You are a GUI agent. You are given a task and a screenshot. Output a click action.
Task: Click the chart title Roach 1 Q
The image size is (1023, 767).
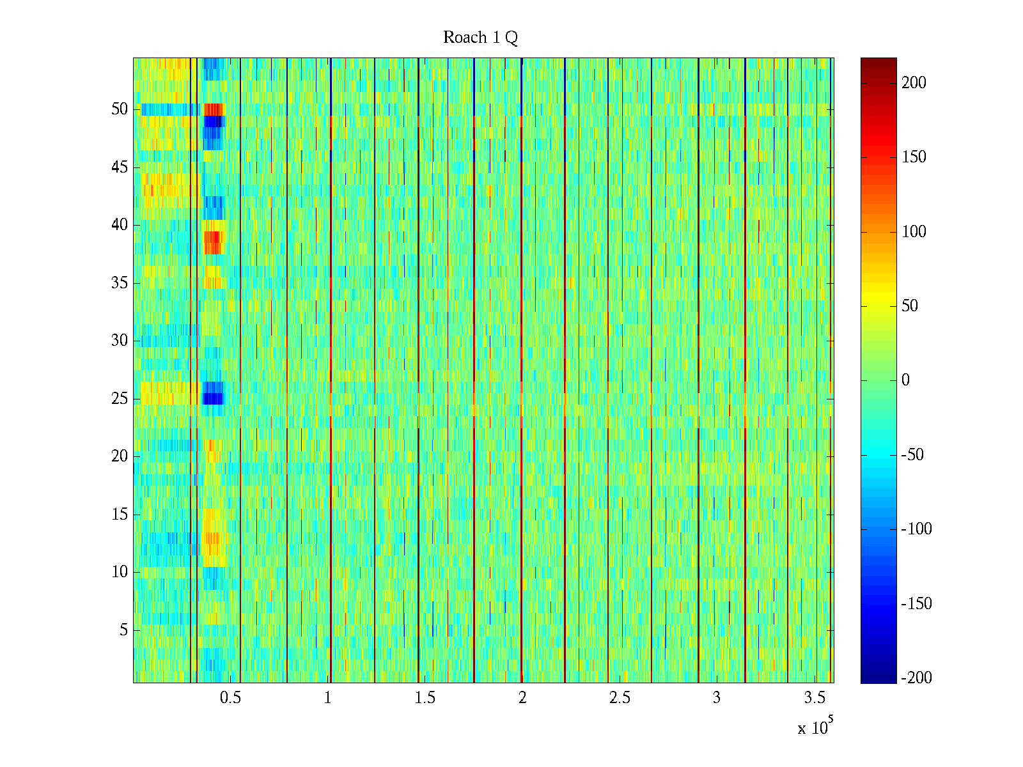(x=480, y=38)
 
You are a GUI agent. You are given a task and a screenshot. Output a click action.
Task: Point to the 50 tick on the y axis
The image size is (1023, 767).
(x=120, y=109)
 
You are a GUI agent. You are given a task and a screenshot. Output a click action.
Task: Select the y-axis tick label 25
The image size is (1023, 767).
(x=120, y=399)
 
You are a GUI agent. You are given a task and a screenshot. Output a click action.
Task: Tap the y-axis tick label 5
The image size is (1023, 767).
(x=123, y=630)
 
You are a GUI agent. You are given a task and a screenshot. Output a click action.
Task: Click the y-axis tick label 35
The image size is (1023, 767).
(x=120, y=283)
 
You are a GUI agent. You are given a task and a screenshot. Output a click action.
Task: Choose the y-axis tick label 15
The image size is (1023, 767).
(x=120, y=515)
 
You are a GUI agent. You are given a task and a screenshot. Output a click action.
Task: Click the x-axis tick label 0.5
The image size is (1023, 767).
(x=230, y=698)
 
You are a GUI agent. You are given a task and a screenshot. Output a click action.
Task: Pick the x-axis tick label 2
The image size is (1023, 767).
(x=522, y=698)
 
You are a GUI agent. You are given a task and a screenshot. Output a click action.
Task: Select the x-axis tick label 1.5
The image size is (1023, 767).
(x=425, y=698)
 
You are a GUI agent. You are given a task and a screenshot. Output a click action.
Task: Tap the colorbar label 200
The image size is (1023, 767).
(x=914, y=83)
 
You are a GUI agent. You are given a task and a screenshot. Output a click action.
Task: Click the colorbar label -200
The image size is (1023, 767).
(x=916, y=678)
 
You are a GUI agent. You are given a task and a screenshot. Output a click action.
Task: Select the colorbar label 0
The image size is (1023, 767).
(x=905, y=380)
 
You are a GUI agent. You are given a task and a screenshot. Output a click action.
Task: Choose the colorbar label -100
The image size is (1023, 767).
(x=916, y=529)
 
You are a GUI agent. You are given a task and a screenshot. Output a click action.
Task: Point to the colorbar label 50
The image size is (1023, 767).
(x=910, y=306)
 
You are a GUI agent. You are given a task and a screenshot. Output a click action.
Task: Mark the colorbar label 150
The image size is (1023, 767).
(x=914, y=157)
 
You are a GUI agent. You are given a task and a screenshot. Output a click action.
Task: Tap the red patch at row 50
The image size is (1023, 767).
(x=214, y=109)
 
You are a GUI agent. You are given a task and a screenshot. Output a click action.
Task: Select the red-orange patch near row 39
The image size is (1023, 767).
(x=212, y=242)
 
